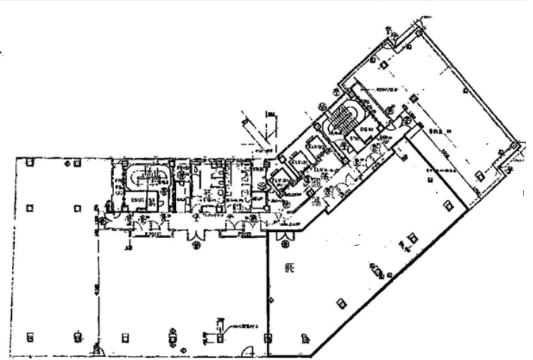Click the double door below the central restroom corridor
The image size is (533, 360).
point(196,242)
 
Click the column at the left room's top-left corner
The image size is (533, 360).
point(29,162)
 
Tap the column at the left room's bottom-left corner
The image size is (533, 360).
point(29,336)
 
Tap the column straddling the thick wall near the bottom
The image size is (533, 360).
point(268,339)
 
